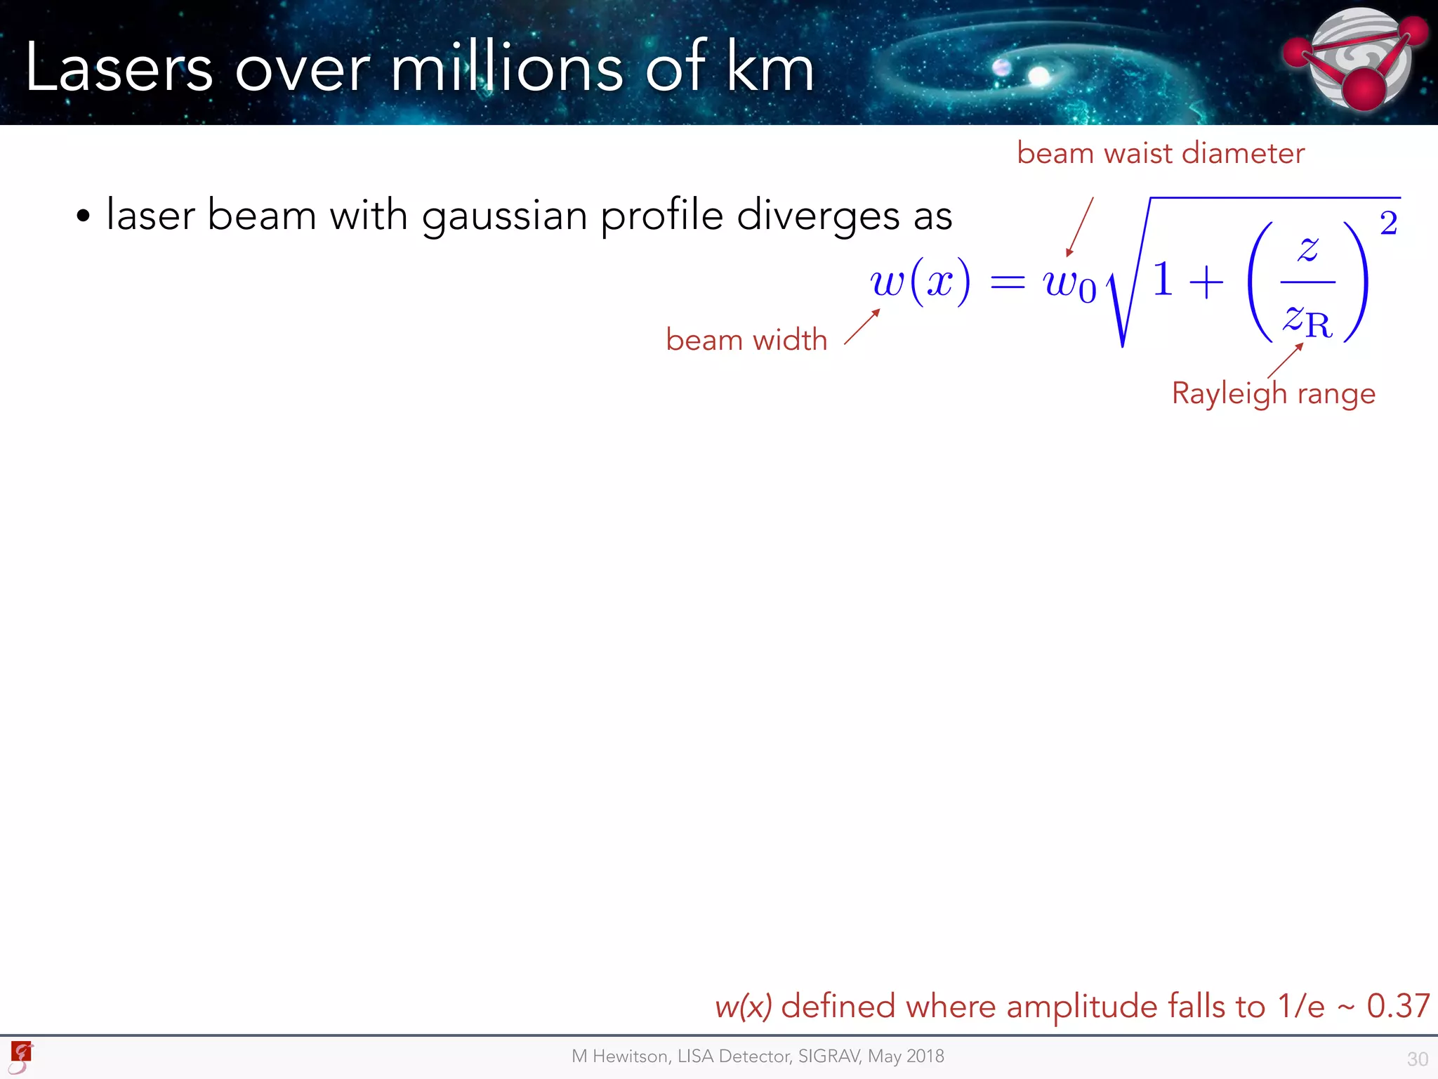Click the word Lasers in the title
click(118, 69)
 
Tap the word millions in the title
click(506, 69)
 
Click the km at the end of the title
click(770, 69)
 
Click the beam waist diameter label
click(1160, 153)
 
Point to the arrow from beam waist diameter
click(1080, 227)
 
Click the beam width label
click(746, 340)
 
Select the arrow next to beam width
click(862, 327)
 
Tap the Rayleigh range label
click(1273, 393)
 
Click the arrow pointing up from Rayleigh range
click(1286, 361)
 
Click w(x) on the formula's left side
click(921, 282)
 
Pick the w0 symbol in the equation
click(1069, 285)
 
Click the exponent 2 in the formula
click(1388, 223)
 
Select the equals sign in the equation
click(1007, 283)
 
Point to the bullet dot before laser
click(84, 216)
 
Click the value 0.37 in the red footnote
click(1397, 1006)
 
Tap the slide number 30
click(1417, 1059)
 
